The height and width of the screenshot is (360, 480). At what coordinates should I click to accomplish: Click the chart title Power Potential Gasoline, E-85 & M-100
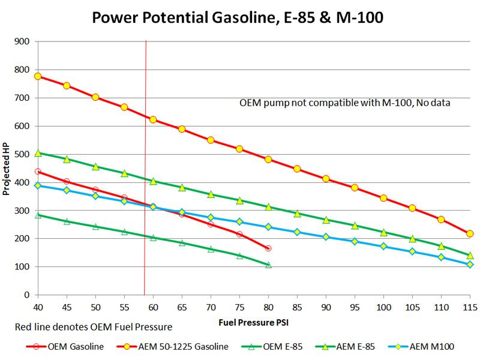click(x=239, y=18)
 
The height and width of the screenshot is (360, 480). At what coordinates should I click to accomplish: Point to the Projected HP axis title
click(x=7, y=169)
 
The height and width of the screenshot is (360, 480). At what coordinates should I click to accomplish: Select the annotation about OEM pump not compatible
click(x=344, y=103)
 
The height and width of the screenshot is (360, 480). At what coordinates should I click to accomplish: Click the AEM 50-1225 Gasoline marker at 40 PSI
click(x=38, y=76)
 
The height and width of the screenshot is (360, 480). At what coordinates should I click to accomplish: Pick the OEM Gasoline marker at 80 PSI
click(x=268, y=248)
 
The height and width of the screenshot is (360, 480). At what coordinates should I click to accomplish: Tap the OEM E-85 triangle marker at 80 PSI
click(x=268, y=265)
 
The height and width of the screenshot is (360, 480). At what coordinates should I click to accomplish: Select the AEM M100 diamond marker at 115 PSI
click(x=470, y=265)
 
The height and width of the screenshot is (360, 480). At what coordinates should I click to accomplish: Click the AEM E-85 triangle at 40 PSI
click(x=38, y=153)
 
